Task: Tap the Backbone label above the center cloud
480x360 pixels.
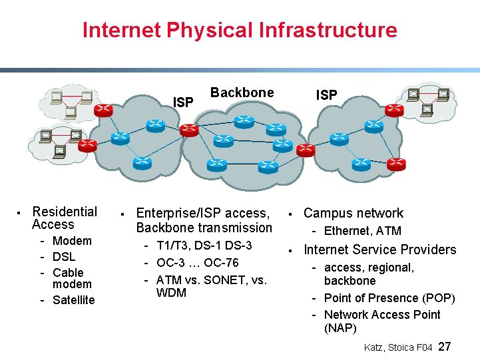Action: [242, 92]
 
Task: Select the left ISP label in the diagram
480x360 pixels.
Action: [183, 102]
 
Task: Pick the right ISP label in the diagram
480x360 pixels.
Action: [326, 95]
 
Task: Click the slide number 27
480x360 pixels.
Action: [445, 347]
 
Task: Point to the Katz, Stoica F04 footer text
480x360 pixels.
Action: [399, 347]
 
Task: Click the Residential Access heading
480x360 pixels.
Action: [64, 218]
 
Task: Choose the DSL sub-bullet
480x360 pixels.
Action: [64, 257]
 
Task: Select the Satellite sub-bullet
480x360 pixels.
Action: [73, 300]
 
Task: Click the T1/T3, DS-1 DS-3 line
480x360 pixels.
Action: [204, 246]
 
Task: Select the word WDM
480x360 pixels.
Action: [171, 293]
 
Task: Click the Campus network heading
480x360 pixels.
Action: [353, 214]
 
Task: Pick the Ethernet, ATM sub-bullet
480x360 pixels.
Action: [362, 231]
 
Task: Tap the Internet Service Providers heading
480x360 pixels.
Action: [379, 250]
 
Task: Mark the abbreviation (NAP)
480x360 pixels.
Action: [340, 328]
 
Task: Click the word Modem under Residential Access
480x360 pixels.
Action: [72, 241]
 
